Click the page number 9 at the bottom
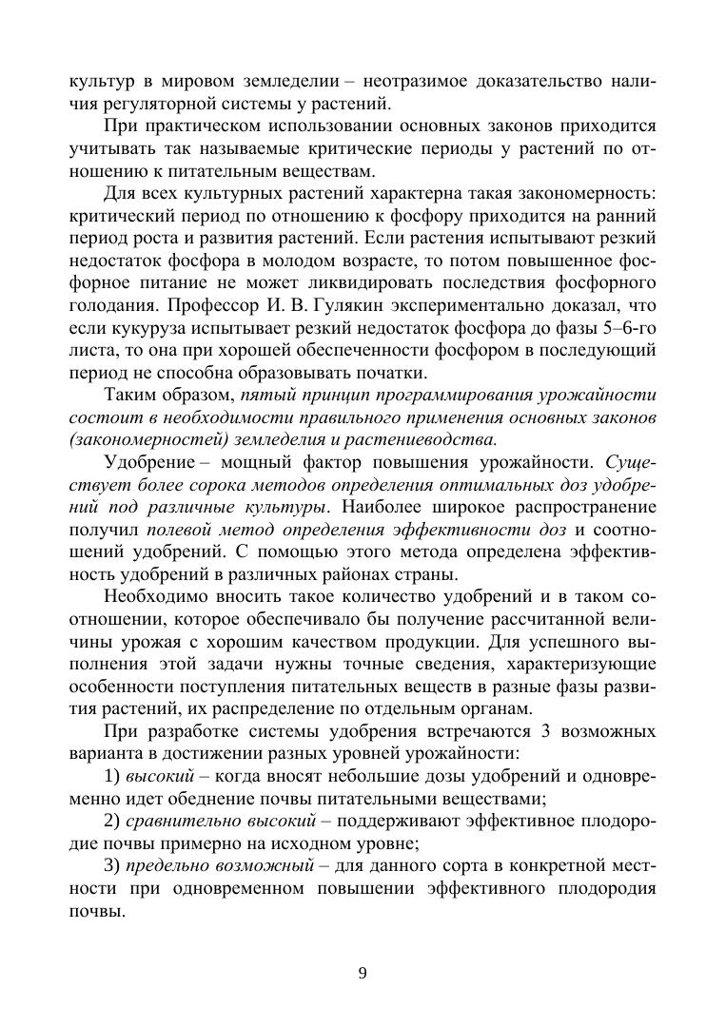click(363, 973)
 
